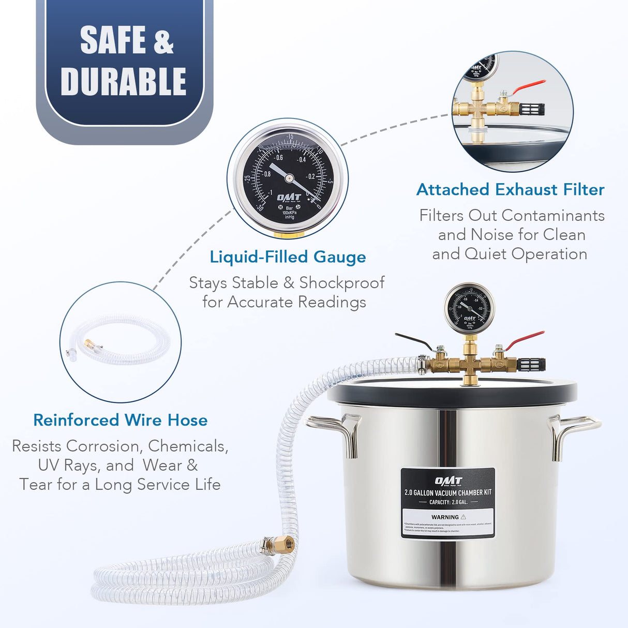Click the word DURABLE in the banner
click(123, 81)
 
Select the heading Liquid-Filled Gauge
click(288, 257)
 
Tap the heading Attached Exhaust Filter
click(510, 190)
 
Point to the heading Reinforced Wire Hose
click(120, 420)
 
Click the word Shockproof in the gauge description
click(341, 283)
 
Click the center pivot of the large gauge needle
click(288, 178)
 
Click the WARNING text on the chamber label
click(445, 517)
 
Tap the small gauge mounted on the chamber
click(469, 309)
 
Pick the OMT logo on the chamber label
click(448, 481)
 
